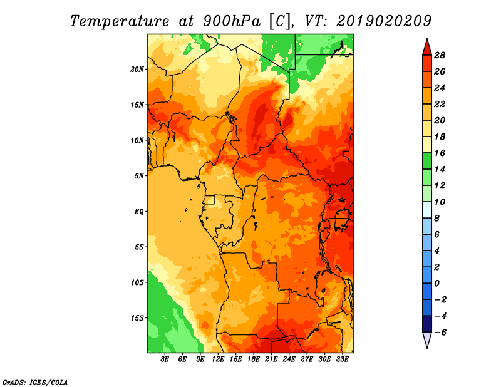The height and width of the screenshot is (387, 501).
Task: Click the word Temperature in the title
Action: (x=120, y=21)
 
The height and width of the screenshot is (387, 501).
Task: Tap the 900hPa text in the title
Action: (x=232, y=21)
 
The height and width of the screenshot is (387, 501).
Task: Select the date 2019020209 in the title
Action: (x=383, y=21)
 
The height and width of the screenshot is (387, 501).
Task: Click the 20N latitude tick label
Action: (x=137, y=70)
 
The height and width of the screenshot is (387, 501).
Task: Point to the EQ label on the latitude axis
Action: (x=139, y=212)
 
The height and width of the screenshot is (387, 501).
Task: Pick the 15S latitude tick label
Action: (x=137, y=318)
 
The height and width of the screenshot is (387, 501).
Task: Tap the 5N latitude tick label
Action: (x=139, y=176)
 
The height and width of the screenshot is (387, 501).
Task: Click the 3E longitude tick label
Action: (x=165, y=359)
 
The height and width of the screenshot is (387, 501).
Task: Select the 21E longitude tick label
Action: (x=271, y=359)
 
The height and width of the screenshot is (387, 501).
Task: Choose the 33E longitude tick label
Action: (x=342, y=359)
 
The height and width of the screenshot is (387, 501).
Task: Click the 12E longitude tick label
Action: (x=218, y=359)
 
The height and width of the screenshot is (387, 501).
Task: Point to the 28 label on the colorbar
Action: (x=440, y=55)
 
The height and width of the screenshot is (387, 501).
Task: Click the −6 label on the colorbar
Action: (x=440, y=333)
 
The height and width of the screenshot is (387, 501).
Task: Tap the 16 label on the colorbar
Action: (x=440, y=153)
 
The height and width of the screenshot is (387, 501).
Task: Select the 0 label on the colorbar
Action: (x=436, y=284)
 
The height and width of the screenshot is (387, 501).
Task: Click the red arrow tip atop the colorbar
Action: (x=427, y=39)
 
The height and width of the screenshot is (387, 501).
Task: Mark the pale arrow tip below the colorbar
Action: (x=427, y=348)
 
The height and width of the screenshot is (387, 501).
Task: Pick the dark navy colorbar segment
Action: (x=427, y=324)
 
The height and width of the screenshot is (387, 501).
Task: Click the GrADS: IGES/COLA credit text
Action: (x=35, y=382)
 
